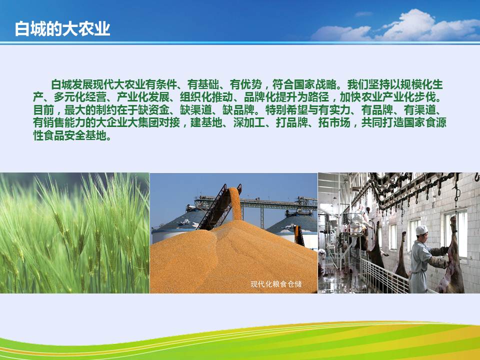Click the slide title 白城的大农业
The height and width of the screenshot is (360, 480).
point(62,29)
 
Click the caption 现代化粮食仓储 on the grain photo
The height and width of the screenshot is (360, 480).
point(276,284)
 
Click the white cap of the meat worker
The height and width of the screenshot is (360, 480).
point(421,230)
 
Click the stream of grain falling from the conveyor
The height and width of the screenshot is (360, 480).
point(235,203)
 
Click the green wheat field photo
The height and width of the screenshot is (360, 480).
point(74,233)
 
